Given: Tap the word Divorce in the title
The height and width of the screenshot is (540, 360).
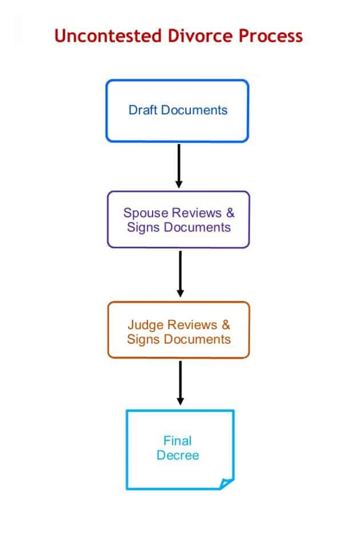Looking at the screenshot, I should (189, 37).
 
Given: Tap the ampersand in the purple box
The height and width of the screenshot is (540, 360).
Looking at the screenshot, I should (230, 213).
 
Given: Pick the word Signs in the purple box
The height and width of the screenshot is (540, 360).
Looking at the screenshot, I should (142, 227).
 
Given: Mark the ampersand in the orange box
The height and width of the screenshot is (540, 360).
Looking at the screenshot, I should (226, 325).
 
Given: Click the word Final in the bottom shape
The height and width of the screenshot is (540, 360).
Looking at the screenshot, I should (178, 441).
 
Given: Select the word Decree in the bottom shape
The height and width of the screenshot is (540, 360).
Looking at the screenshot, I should (178, 455).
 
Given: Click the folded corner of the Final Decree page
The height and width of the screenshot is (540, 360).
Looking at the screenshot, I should (227, 483).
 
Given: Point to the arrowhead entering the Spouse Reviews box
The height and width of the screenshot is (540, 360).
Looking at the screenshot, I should (179, 184).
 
